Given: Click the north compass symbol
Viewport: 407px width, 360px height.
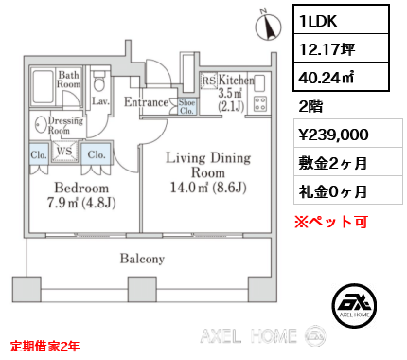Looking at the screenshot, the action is [x=268, y=26].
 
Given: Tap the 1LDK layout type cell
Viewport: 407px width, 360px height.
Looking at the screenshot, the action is [x=341, y=20].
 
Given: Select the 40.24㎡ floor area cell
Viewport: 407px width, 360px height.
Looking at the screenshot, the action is [x=341, y=76].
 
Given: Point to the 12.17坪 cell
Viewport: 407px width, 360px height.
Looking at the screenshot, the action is [x=341, y=48].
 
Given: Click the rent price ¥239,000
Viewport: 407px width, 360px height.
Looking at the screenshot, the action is [x=333, y=135].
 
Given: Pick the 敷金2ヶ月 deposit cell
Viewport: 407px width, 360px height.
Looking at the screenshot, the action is [x=333, y=163].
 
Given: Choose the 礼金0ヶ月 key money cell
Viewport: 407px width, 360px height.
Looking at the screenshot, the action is [x=333, y=191].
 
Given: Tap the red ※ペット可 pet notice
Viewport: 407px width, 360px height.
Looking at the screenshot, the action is [x=331, y=222].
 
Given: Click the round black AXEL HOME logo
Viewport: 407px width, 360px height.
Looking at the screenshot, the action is [x=354, y=305].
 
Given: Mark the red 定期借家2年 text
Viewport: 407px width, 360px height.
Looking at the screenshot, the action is [x=44, y=346].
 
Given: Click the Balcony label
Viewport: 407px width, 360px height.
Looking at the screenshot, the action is [x=142, y=259].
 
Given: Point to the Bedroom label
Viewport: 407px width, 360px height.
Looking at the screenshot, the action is [x=81, y=188].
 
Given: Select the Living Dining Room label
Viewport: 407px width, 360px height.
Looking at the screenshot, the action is [x=208, y=165].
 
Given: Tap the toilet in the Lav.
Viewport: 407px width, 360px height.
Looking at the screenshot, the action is [x=99, y=81].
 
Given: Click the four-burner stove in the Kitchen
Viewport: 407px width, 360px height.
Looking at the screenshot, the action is [x=260, y=103].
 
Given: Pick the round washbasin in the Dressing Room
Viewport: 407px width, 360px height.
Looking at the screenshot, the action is [x=40, y=125].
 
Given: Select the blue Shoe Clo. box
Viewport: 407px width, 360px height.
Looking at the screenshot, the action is [x=186, y=106].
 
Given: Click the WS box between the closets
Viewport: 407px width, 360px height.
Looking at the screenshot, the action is [x=64, y=151].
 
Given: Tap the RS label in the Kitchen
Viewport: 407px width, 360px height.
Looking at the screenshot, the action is [x=208, y=81].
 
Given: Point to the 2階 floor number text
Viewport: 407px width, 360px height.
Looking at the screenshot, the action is [x=310, y=106].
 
